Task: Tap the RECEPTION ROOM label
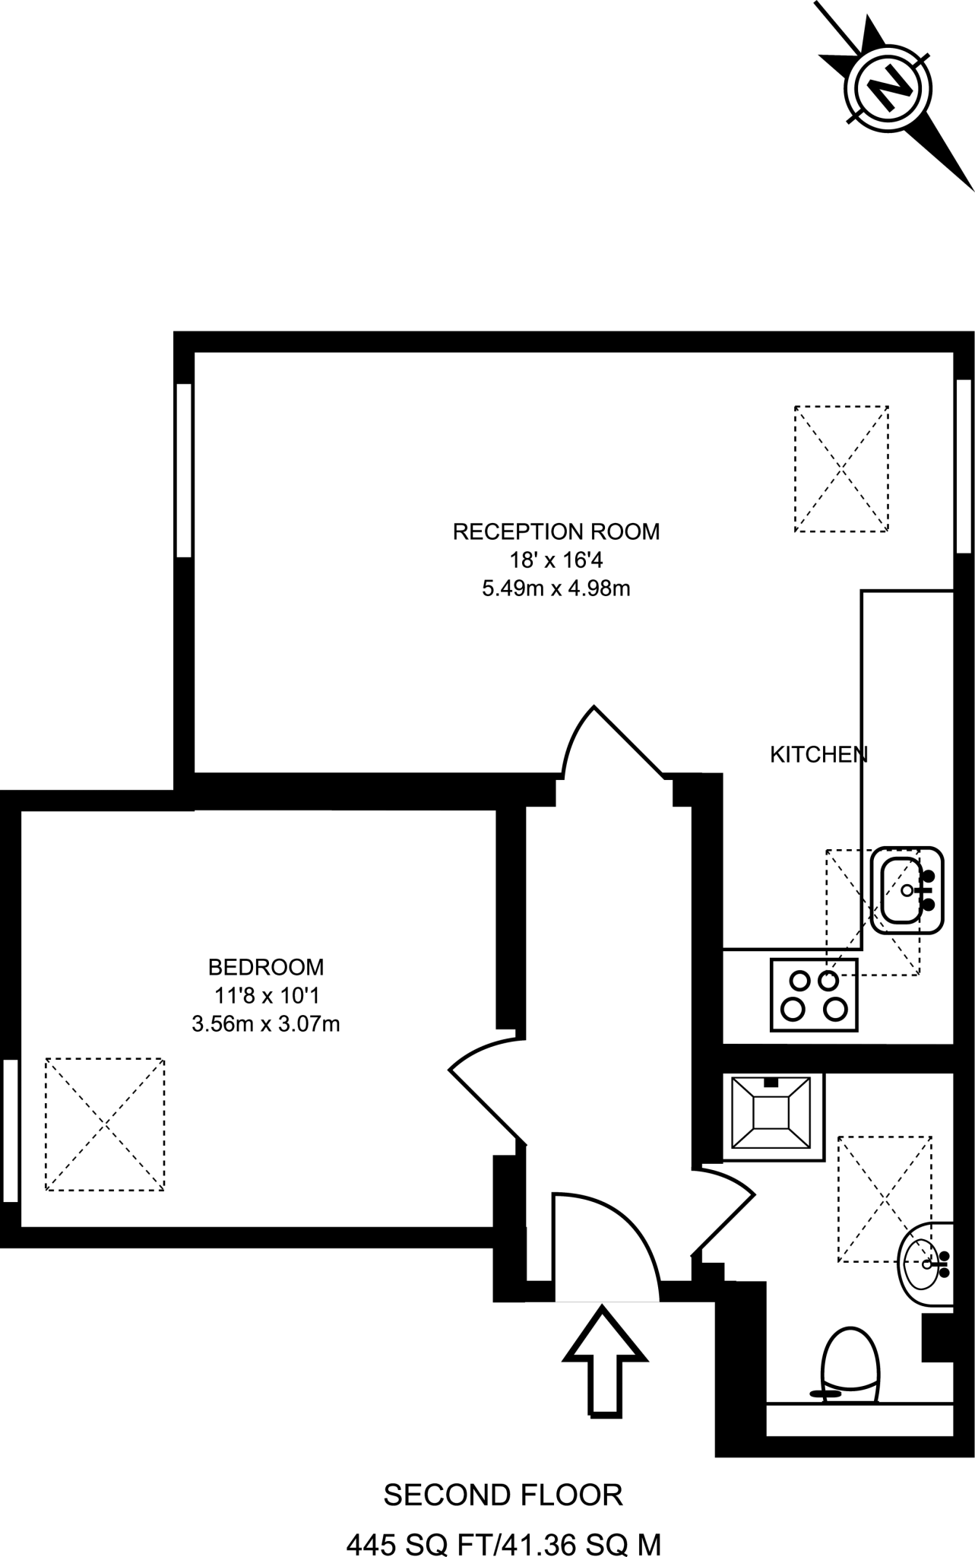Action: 556,531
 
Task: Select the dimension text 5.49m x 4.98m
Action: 556,588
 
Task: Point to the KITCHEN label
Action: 818,755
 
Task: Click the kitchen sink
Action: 906,889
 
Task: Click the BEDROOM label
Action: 266,967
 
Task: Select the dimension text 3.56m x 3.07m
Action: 266,1024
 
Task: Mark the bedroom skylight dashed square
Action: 104,1124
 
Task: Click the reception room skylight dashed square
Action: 841,468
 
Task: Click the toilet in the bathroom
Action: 850,1366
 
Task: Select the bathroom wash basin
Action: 923,1264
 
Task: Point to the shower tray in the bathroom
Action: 771,1115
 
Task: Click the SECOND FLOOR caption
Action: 503,1495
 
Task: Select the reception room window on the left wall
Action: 183,471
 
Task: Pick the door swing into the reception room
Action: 608,745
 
